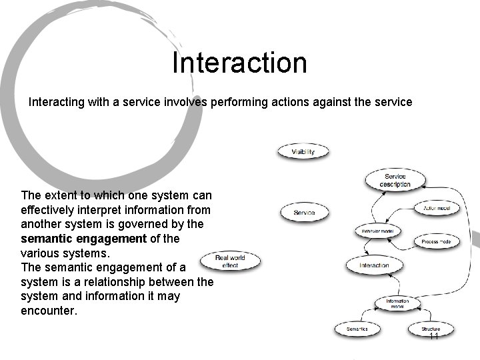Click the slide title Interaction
(239, 63)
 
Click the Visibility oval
(303, 152)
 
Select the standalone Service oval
(303, 213)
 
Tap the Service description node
(395, 180)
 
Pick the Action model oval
(437, 208)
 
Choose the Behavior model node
(377, 231)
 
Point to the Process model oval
(437, 241)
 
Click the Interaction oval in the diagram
(374, 265)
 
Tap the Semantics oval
(357, 329)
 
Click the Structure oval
(431, 329)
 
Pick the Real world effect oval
(230, 261)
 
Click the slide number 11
(433, 337)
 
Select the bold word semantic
(48, 238)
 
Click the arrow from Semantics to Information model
(373, 317)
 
